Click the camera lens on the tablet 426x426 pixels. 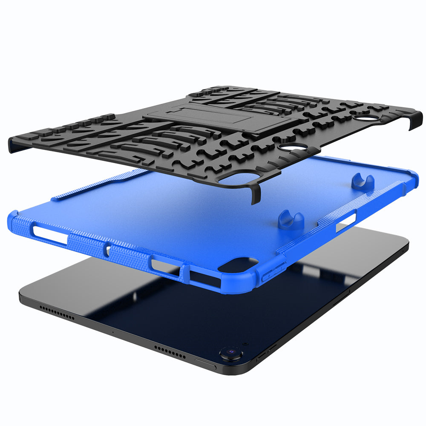(x=230, y=352)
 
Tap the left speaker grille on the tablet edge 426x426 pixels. (x=57, y=312)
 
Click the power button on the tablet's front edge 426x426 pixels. (x=205, y=363)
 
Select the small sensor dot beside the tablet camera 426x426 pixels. (x=245, y=344)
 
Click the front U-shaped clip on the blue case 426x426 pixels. (x=291, y=218)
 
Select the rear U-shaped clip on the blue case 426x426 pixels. (x=363, y=181)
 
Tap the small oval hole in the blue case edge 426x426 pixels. (x=109, y=250)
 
